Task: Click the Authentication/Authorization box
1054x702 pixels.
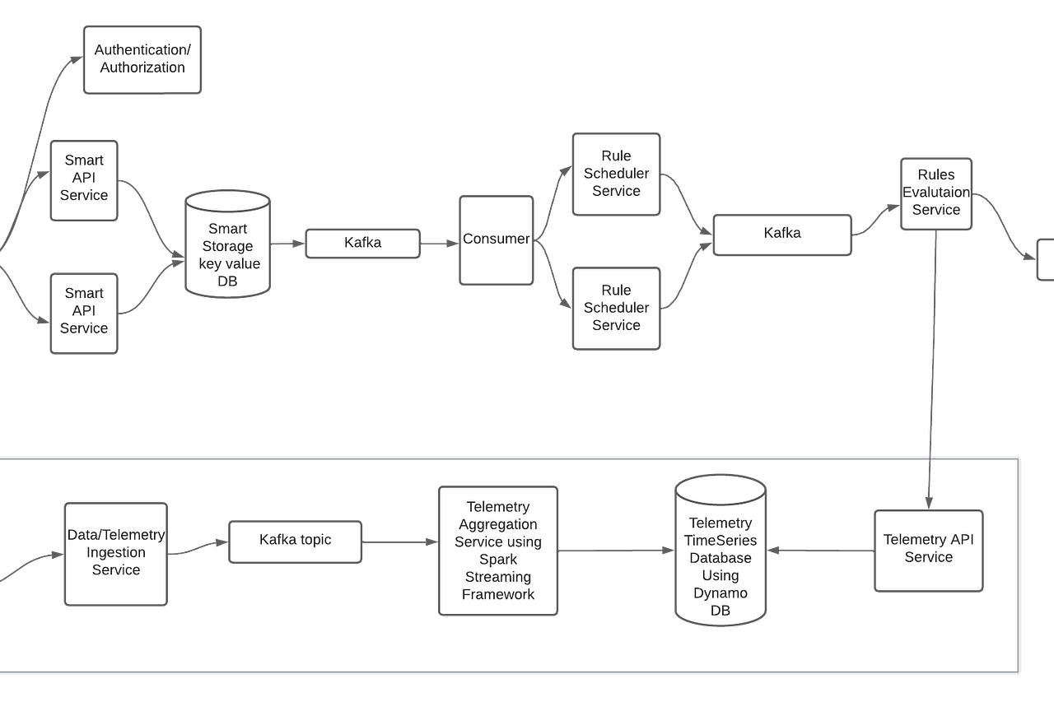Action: [x=142, y=59]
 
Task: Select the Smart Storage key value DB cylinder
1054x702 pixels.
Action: [x=228, y=244]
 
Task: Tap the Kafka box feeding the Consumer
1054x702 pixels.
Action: [x=362, y=244]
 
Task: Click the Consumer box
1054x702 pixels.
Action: [x=496, y=240]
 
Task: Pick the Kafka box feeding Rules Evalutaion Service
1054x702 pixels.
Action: [x=781, y=234]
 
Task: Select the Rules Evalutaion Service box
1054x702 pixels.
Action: [x=936, y=193]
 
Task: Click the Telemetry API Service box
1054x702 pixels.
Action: [x=928, y=549]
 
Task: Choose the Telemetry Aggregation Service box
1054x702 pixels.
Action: [x=498, y=551]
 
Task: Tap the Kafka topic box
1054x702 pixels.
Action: [x=295, y=541]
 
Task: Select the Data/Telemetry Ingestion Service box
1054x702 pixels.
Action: [x=115, y=553]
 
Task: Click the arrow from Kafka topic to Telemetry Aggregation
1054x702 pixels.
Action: [x=400, y=542]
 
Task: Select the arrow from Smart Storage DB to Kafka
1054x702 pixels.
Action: [x=288, y=243]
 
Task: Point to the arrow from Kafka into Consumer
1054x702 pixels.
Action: [x=441, y=243]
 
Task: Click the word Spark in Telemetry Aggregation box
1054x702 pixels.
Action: [x=498, y=560]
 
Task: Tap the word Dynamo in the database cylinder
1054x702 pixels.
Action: [x=721, y=593]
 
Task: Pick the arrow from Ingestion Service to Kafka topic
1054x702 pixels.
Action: [x=198, y=547]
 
